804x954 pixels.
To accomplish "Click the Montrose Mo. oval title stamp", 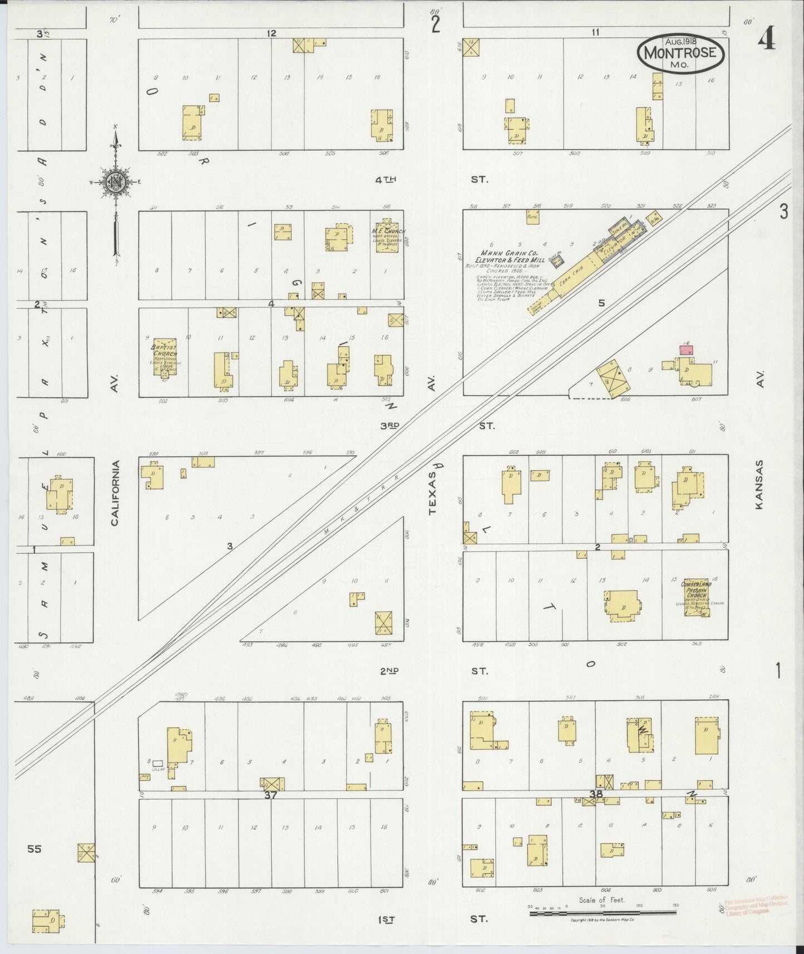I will coord(681,53).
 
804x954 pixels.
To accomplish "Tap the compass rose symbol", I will coord(115,182).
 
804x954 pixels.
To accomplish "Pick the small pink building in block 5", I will coord(687,350).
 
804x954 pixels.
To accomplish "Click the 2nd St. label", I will coord(389,671).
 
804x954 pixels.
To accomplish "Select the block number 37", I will coord(270,795).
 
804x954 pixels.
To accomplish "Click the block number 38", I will coord(596,794).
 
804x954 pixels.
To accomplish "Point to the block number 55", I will coord(34,849).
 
